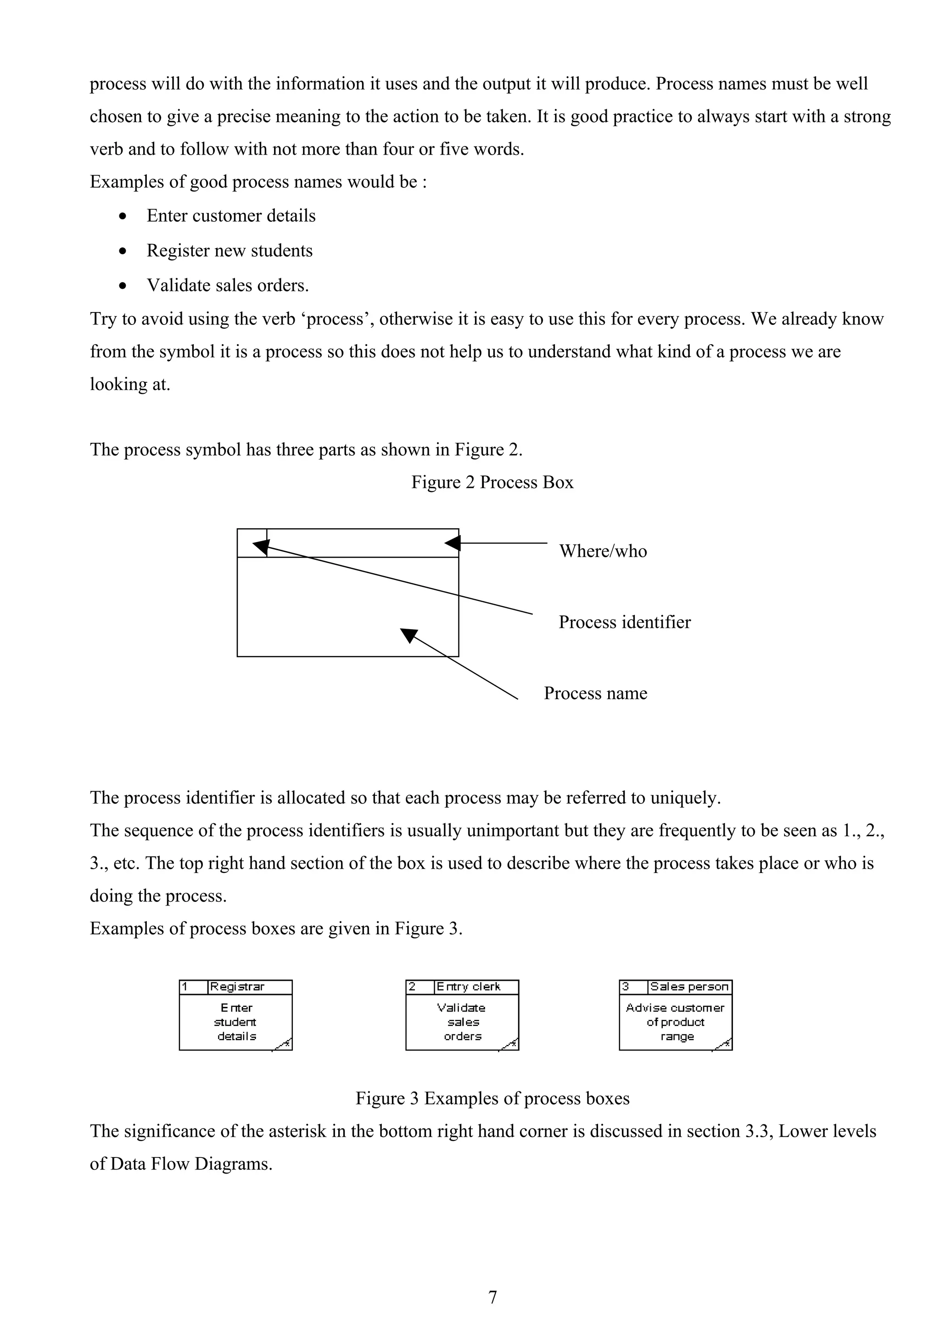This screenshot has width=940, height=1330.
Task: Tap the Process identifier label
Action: click(624, 622)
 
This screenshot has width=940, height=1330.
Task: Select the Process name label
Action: click(595, 693)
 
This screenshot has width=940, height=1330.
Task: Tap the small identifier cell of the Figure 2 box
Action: click(252, 543)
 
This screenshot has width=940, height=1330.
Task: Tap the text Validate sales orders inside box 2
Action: click(462, 1023)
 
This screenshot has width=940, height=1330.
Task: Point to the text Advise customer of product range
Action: click(675, 1023)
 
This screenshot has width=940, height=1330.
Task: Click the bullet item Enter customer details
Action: click(231, 216)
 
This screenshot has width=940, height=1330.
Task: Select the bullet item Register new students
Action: click(229, 251)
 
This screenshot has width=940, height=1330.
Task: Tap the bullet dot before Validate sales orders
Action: click(122, 285)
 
